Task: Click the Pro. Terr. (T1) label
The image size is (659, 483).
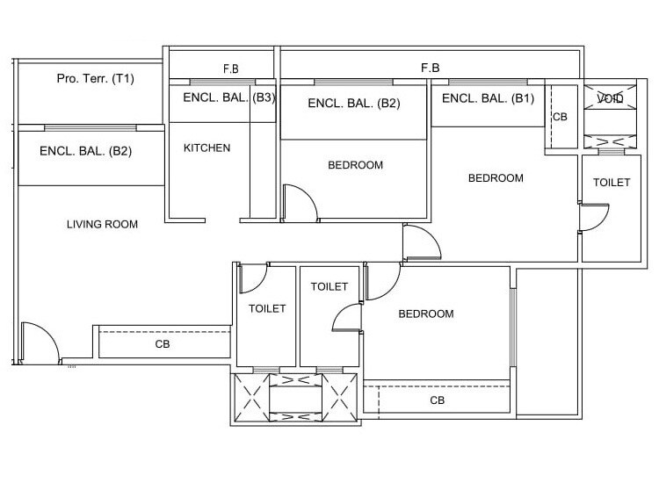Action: point(95,79)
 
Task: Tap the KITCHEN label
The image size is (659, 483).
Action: point(206,148)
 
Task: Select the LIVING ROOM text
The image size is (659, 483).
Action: point(103,224)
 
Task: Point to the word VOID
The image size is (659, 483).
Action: point(610,99)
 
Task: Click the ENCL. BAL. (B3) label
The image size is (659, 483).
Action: point(228,98)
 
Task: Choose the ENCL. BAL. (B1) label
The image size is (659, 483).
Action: point(488,98)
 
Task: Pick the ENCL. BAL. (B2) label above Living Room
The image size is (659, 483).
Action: point(85,151)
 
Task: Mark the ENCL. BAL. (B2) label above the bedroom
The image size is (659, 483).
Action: point(353,104)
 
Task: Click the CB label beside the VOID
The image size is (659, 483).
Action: point(560,116)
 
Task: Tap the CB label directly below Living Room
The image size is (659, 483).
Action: point(163,344)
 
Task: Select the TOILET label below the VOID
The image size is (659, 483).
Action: point(612,183)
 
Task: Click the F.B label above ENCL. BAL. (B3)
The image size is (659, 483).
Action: point(231,68)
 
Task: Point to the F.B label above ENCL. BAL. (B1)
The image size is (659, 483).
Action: point(431,68)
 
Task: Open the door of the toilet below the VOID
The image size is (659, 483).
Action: point(594,217)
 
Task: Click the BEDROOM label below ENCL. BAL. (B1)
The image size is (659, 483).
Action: point(496,178)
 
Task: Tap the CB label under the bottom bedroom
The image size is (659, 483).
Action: point(437,400)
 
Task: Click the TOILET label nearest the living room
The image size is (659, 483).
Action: point(267,308)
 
